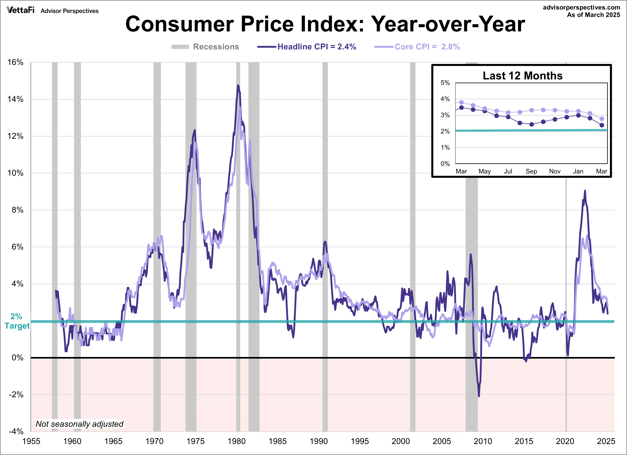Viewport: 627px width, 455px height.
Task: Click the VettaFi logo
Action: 20,10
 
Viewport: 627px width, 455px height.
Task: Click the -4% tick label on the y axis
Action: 16,431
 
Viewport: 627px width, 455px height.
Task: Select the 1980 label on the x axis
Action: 236,441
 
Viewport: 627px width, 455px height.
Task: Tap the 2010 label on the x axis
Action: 483,441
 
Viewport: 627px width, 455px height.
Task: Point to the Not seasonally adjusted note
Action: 80,424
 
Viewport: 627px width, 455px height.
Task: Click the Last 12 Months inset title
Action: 523,76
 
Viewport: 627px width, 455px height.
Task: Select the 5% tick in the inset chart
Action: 445,83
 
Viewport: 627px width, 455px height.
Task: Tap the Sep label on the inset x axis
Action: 531,171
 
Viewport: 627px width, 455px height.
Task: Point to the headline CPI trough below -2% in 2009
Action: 479,396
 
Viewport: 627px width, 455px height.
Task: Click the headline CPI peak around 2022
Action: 585,191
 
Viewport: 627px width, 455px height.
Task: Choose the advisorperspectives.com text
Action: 581,7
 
